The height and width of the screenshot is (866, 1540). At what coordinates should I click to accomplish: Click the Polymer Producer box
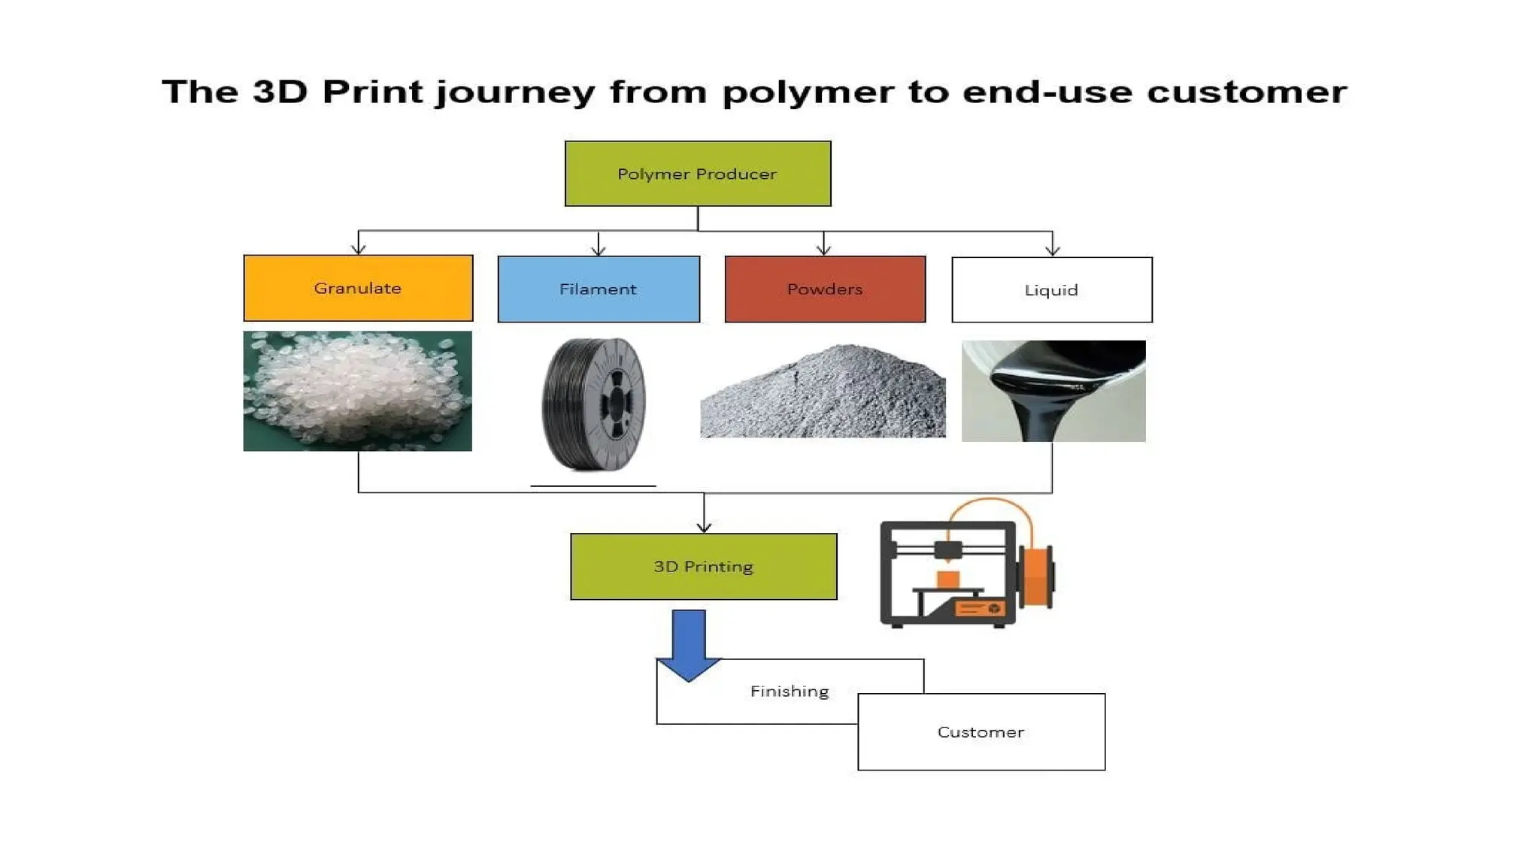[x=697, y=174]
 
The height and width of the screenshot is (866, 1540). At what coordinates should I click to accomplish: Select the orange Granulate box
[x=358, y=288]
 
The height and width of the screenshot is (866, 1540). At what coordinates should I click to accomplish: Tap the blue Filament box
[x=599, y=289]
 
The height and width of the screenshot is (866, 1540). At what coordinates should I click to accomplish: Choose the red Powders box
[x=825, y=289]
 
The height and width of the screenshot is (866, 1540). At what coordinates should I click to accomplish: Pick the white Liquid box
[x=1051, y=290]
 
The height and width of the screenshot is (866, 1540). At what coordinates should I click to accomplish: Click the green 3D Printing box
[x=703, y=567]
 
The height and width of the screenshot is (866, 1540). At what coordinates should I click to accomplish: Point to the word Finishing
[x=790, y=692]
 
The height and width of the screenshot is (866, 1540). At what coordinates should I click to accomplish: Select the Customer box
[x=981, y=732]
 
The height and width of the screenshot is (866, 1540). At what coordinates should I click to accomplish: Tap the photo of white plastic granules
[x=357, y=391]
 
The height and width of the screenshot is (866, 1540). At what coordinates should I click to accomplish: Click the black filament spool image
[x=594, y=404]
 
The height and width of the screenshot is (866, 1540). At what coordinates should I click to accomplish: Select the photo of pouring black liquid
[x=1053, y=391]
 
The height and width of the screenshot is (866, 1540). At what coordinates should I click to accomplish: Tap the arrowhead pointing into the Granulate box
[x=359, y=249]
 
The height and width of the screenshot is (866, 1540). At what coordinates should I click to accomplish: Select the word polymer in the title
[x=808, y=92]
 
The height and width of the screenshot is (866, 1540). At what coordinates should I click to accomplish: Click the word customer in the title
[x=1246, y=92]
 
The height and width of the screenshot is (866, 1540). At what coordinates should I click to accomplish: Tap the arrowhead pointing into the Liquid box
[x=1052, y=250]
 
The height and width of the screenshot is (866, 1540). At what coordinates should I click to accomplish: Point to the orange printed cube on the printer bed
[x=947, y=580]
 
